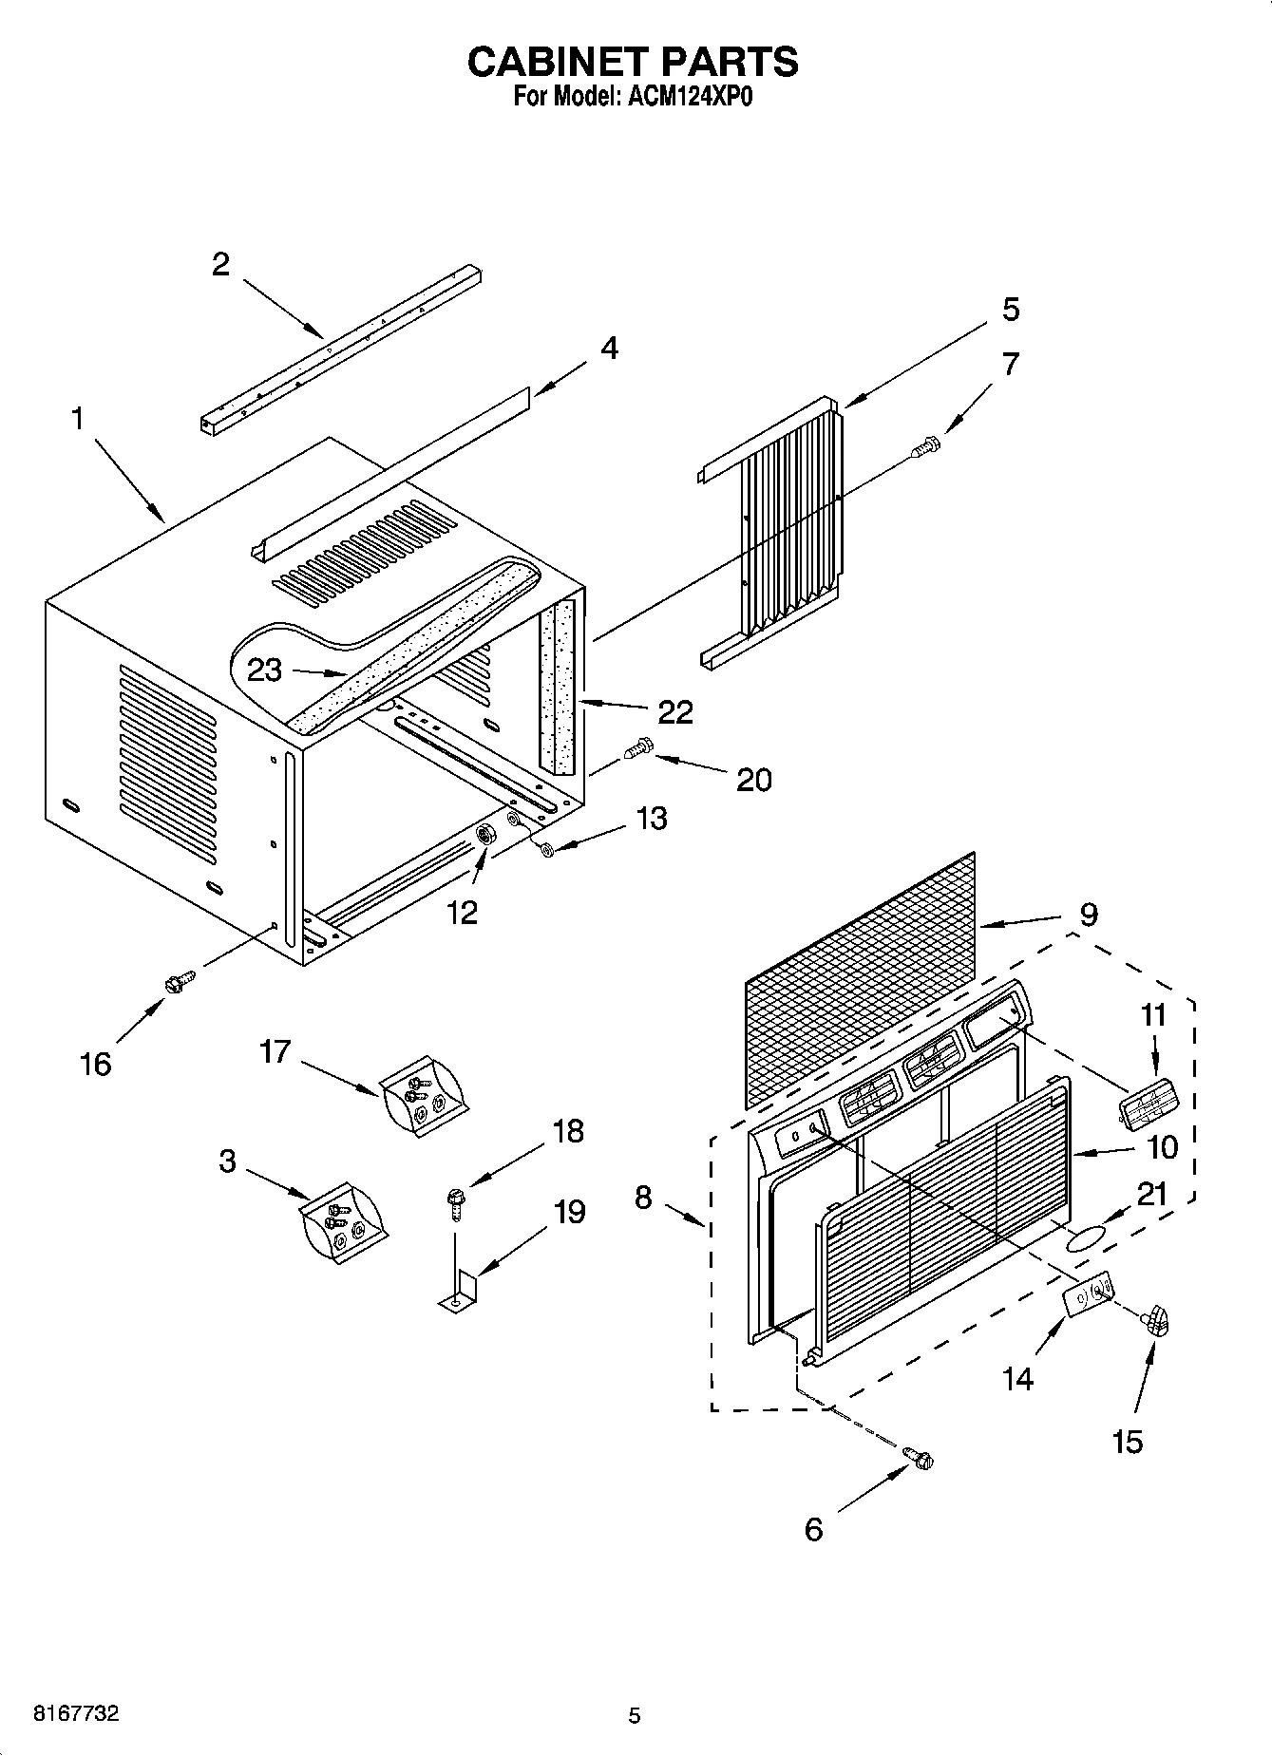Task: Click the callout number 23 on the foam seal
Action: point(264,670)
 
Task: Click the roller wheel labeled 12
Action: point(488,835)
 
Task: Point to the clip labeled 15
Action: point(1155,1321)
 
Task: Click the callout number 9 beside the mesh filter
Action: point(1088,915)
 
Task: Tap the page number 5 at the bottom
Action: point(635,1715)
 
